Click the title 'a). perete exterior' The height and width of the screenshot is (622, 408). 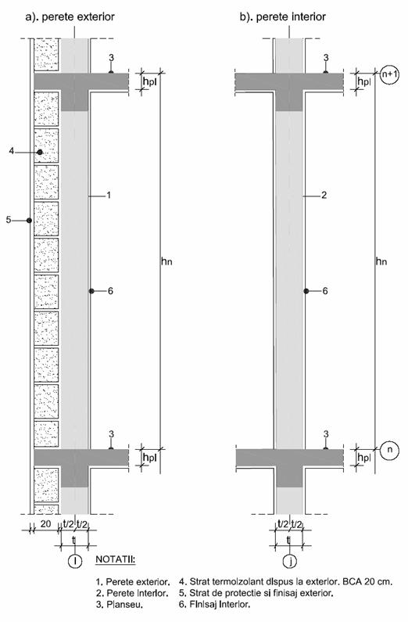coord(70,17)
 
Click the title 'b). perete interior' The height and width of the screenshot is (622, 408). coord(282,17)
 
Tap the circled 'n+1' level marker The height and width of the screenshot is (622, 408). coord(389,74)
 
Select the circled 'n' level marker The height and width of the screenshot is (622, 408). coord(390,450)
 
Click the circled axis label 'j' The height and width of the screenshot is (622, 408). coord(290,561)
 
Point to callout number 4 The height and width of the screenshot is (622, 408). coord(12,151)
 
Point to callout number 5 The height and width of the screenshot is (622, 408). coord(9,219)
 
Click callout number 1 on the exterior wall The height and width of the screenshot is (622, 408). coord(108,195)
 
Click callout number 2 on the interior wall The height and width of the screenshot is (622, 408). coord(324,195)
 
